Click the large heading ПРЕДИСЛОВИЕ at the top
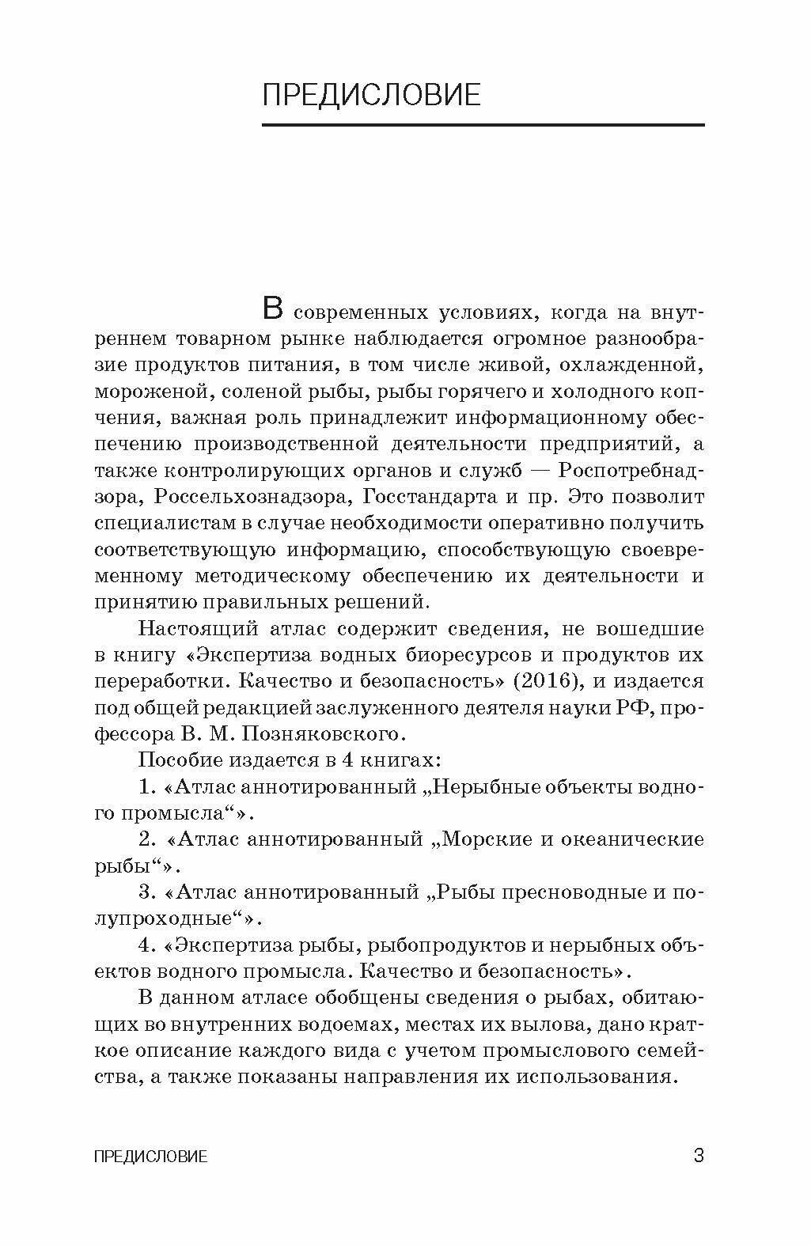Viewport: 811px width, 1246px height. coord(371,94)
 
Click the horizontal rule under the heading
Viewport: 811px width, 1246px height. coord(483,125)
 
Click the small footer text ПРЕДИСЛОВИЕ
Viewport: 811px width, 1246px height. coord(150,1157)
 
